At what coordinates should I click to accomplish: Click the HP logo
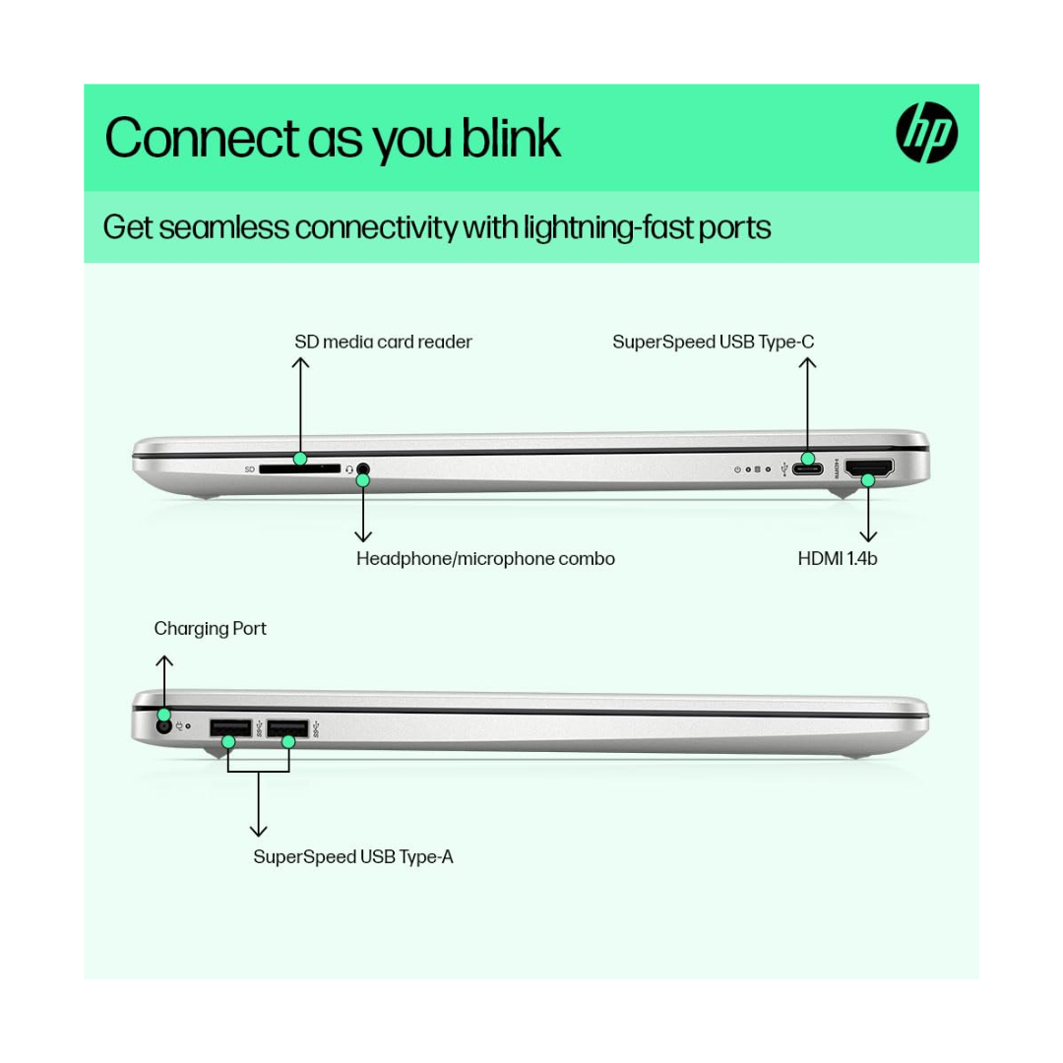point(927,133)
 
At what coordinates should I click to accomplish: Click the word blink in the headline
point(511,139)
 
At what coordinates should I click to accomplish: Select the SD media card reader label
point(383,342)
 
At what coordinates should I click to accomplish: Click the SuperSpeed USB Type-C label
point(714,342)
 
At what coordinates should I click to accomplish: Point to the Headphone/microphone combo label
point(485,559)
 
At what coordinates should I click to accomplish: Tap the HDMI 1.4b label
point(838,559)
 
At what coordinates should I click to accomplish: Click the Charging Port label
point(211,629)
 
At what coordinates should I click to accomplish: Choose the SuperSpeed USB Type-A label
point(353,857)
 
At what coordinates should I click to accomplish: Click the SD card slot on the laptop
point(299,469)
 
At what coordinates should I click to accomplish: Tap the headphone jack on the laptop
point(363,469)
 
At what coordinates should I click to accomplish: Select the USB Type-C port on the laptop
point(807,469)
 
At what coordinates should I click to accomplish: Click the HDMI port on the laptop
point(870,469)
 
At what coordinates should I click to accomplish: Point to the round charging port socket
point(163,726)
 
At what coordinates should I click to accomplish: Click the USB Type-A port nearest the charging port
point(230,728)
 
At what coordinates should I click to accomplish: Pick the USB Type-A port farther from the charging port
point(287,728)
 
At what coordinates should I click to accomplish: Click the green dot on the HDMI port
point(868,480)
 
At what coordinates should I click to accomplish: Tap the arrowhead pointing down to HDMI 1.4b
point(868,537)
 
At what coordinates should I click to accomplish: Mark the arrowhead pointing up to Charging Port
point(164,661)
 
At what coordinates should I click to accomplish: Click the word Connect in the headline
point(202,139)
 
